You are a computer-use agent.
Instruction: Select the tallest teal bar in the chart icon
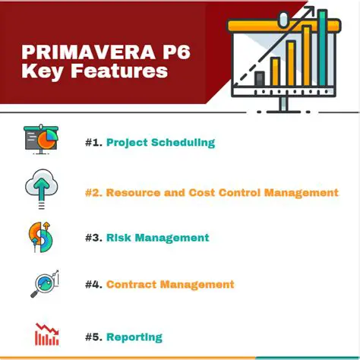pyautogui.click(x=322, y=48)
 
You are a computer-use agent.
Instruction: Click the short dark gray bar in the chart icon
pyautogui.click(x=259, y=78)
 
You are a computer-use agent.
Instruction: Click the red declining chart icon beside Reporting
pyautogui.click(x=46, y=334)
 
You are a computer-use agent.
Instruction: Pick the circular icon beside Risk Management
pyautogui.click(x=39, y=237)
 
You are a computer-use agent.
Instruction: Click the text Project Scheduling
pyautogui.click(x=160, y=142)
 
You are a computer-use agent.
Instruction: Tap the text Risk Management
pyautogui.click(x=157, y=238)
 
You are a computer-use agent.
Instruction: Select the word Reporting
pyautogui.click(x=134, y=337)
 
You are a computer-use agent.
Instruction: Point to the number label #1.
pyautogui.click(x=93, y=142)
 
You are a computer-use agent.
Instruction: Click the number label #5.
pyautogui.click(x=93, y=337)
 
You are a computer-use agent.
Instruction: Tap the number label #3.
pyautogui.click(x=93, y=238)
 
